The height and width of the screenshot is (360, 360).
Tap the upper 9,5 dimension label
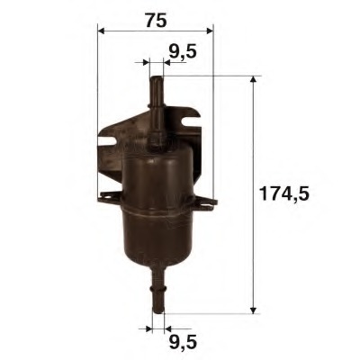[183, 52]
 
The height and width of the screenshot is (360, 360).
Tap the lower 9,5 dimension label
[182, 343]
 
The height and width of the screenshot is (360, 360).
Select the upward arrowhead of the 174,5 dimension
[255, 82]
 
